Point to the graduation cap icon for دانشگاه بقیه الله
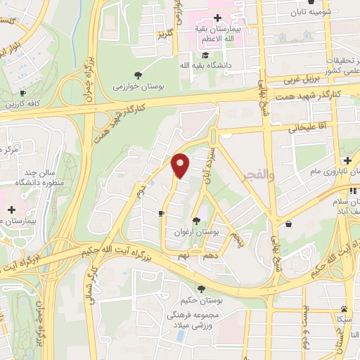coord(205,56)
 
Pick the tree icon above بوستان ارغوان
coord(196,221)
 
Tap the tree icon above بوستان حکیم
coord(201,289)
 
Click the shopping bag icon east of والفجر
coord(290,224)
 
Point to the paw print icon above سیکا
coord(343,309)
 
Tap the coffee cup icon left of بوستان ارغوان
coord(162,212)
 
